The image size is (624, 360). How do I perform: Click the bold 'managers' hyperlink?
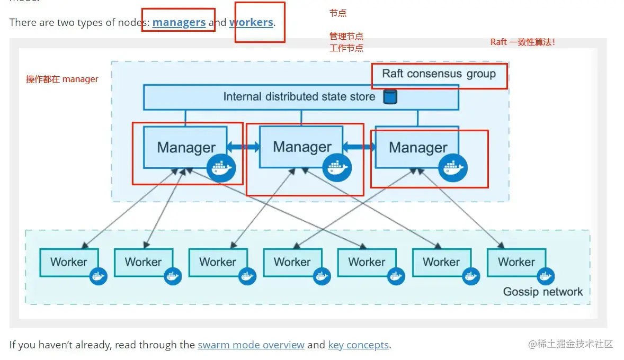pyautogui.click(x=179, y=22)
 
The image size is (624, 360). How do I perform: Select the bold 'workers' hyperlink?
pyautogui.click(x=251, y=22)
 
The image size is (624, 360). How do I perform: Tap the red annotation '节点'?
pyautogui.click(x=338, y=13)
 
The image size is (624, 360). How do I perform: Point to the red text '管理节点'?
pyautogui.click(x=346, y=36)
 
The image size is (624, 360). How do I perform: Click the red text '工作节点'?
pyautogui.click(x=346, y=48)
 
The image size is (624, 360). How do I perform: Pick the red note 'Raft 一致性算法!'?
pyautogui.click(x=523, y=42)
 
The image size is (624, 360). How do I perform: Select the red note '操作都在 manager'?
pyautogui.click(x=62, y=79)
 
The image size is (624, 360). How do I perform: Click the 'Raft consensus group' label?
pyautogui.click(x=439, y=74)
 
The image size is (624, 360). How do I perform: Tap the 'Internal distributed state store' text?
pyautogui.click(x=299, y=96)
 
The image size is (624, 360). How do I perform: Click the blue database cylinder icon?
pyautogui.click(x=390, y=96)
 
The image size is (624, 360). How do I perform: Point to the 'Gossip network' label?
pyautogui.click(x=542, y=292)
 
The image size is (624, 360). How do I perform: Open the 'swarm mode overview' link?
pyautogui.click(x=251, y=345)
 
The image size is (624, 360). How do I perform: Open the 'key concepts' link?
pyautogui.click(x=358, y=345)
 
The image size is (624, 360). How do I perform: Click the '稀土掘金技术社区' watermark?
pyautogui.click(x=570, y=344)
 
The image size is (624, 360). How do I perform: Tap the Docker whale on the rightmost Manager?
pyautogui.click(x=452, y=168)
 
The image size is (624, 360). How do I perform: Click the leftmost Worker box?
pyautogui.click(x=69, y=262)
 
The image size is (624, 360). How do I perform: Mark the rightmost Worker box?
pyautogui.click(x=516, y=262)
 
